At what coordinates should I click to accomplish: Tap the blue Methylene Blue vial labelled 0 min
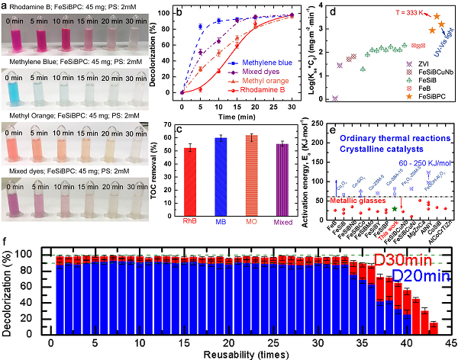point(18,95)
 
